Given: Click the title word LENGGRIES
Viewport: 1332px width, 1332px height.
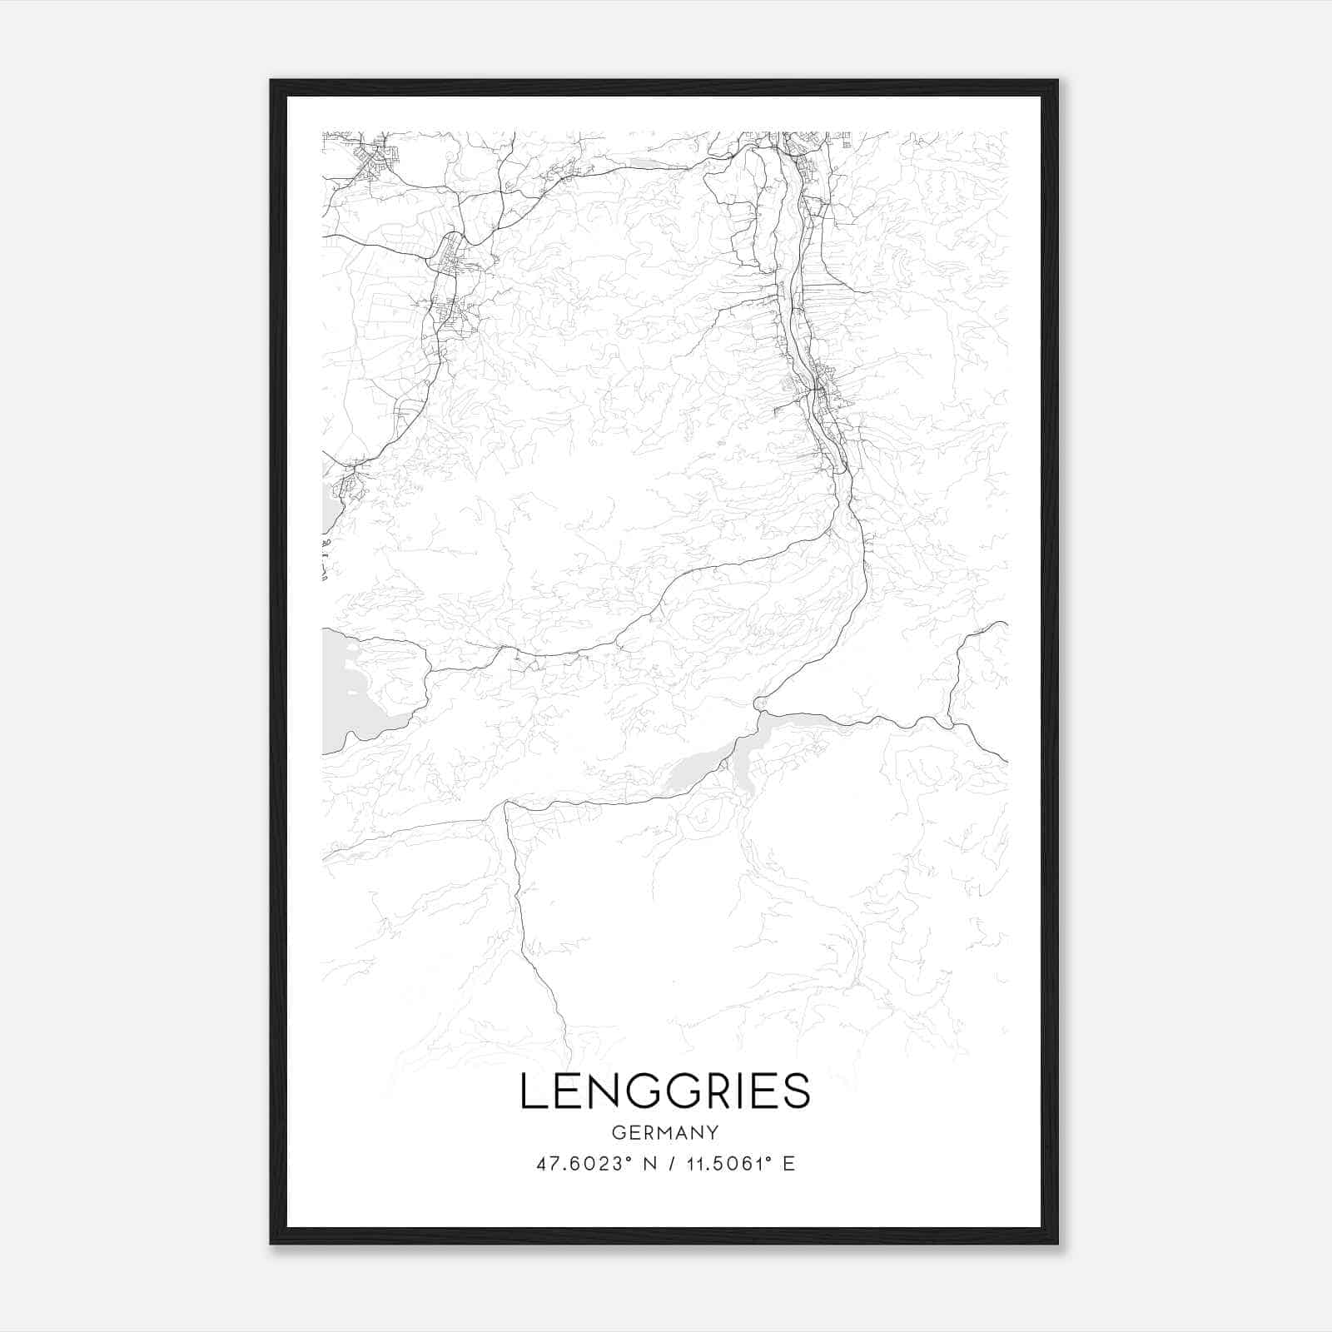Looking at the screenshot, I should coord(665,1091).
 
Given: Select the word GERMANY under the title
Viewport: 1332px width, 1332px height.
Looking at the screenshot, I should coord(665,1132).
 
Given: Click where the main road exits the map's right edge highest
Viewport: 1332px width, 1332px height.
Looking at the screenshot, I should coord(1005,623).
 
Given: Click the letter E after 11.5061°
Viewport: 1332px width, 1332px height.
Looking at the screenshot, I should coord(789,1163).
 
